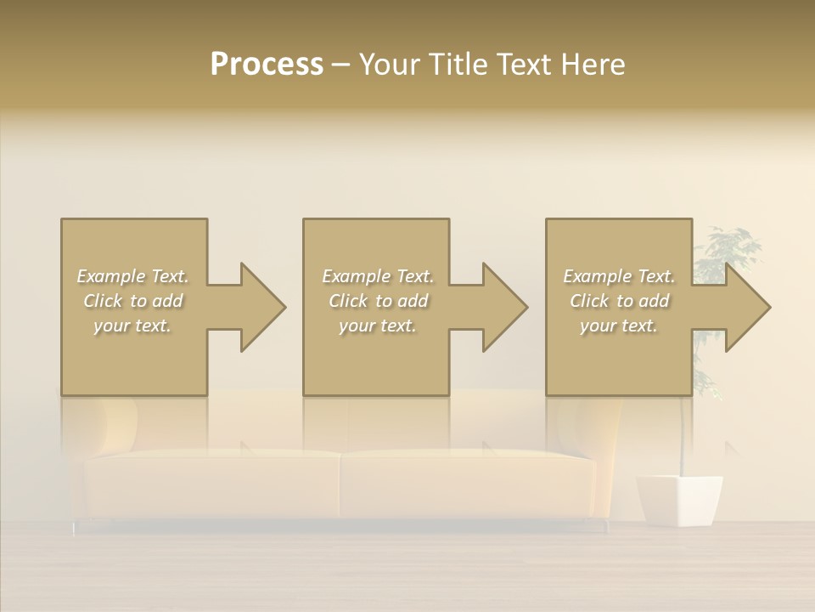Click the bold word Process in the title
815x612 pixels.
[x=267, y=65]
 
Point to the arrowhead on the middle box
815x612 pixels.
[x=504, y=307]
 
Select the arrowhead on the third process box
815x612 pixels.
[x=746, y=307]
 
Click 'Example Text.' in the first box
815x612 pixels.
[x=132, y=276]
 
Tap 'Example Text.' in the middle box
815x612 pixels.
[x=377, y=276]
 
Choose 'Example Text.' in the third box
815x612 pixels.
[x=618, y=276]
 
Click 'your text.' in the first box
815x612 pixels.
[x=132, y=326]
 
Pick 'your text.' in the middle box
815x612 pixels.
[x=377, y=326]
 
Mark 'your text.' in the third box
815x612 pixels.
[x=618, y=326]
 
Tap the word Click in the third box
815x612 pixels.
[x=589, y=301]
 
